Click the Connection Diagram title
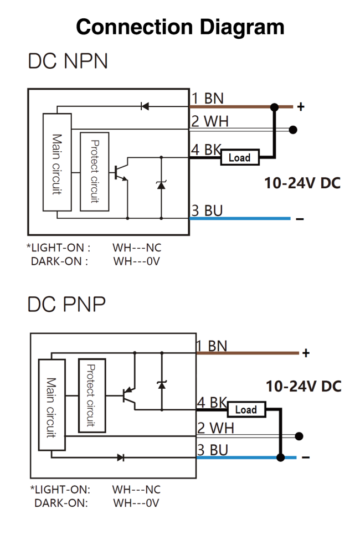180,26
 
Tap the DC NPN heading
68,61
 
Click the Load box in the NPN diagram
239,158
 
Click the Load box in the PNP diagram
246,409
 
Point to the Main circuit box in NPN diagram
57,162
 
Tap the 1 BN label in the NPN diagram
208,99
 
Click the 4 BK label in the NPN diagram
205,150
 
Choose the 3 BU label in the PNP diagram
213,450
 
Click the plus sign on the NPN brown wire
301,107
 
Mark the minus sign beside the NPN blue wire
300,219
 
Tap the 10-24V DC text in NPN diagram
302,184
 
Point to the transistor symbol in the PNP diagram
129,395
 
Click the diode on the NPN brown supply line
145,106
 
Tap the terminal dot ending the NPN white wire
293,130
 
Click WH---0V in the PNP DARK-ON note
136,503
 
